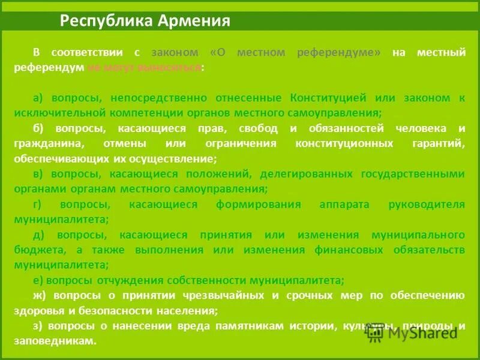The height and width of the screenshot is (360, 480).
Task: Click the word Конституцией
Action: coord(328,97)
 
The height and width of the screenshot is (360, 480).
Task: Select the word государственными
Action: coord(413,173)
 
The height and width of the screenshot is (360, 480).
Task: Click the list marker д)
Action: coord(40,235)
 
